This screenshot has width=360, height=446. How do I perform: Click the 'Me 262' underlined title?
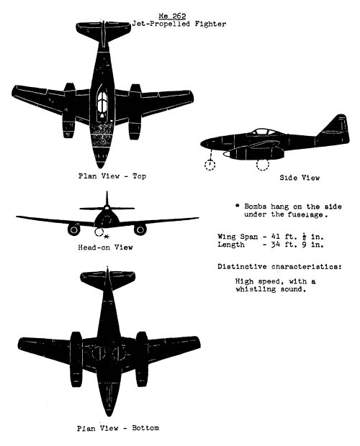coord(172,16)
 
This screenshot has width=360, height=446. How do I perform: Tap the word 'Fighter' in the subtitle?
coord(210,24)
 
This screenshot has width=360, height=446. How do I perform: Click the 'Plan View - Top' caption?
coord(112,176)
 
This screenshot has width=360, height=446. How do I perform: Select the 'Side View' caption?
coord(300,178)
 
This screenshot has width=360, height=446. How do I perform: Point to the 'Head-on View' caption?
coord(106,247)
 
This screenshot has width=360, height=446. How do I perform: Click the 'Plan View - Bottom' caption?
coord(118,428)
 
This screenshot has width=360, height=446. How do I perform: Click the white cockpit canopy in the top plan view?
coord(102,101)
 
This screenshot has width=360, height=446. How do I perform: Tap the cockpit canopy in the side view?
coord(264,132)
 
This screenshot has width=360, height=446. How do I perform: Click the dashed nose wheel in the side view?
coord(210,165)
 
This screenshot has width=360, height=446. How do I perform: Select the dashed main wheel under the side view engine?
coord(262,165)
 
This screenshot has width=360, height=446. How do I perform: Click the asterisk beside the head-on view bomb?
coord(107,236)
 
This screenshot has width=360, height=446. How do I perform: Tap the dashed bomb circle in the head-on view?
coord(99,232)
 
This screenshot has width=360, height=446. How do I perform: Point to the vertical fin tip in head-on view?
coord(107,192)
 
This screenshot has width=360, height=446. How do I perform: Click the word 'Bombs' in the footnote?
coord(256,206)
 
